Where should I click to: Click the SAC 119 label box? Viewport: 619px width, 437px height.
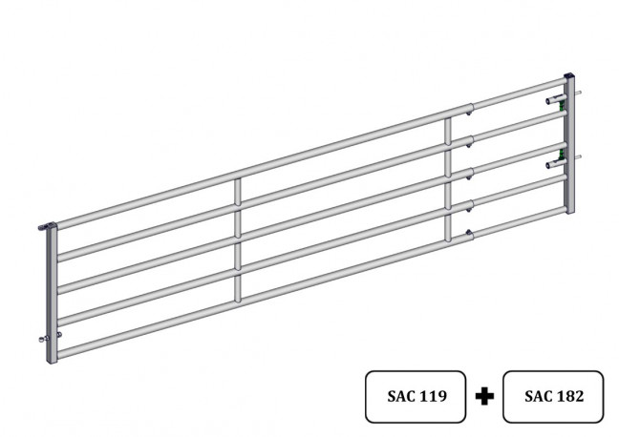[416, 396]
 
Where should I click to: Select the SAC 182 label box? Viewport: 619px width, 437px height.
[553, 396]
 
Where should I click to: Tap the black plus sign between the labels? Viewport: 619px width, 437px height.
[484, 396]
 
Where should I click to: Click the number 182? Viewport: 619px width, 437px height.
[569, 396]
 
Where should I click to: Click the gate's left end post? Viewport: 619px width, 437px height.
[52, 294]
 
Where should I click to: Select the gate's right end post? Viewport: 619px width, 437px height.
[569, 144]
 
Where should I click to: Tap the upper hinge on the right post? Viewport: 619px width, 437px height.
[556, 100]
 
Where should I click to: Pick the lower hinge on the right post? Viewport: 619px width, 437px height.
[556, 163]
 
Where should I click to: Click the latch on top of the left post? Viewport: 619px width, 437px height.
[47, 226]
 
